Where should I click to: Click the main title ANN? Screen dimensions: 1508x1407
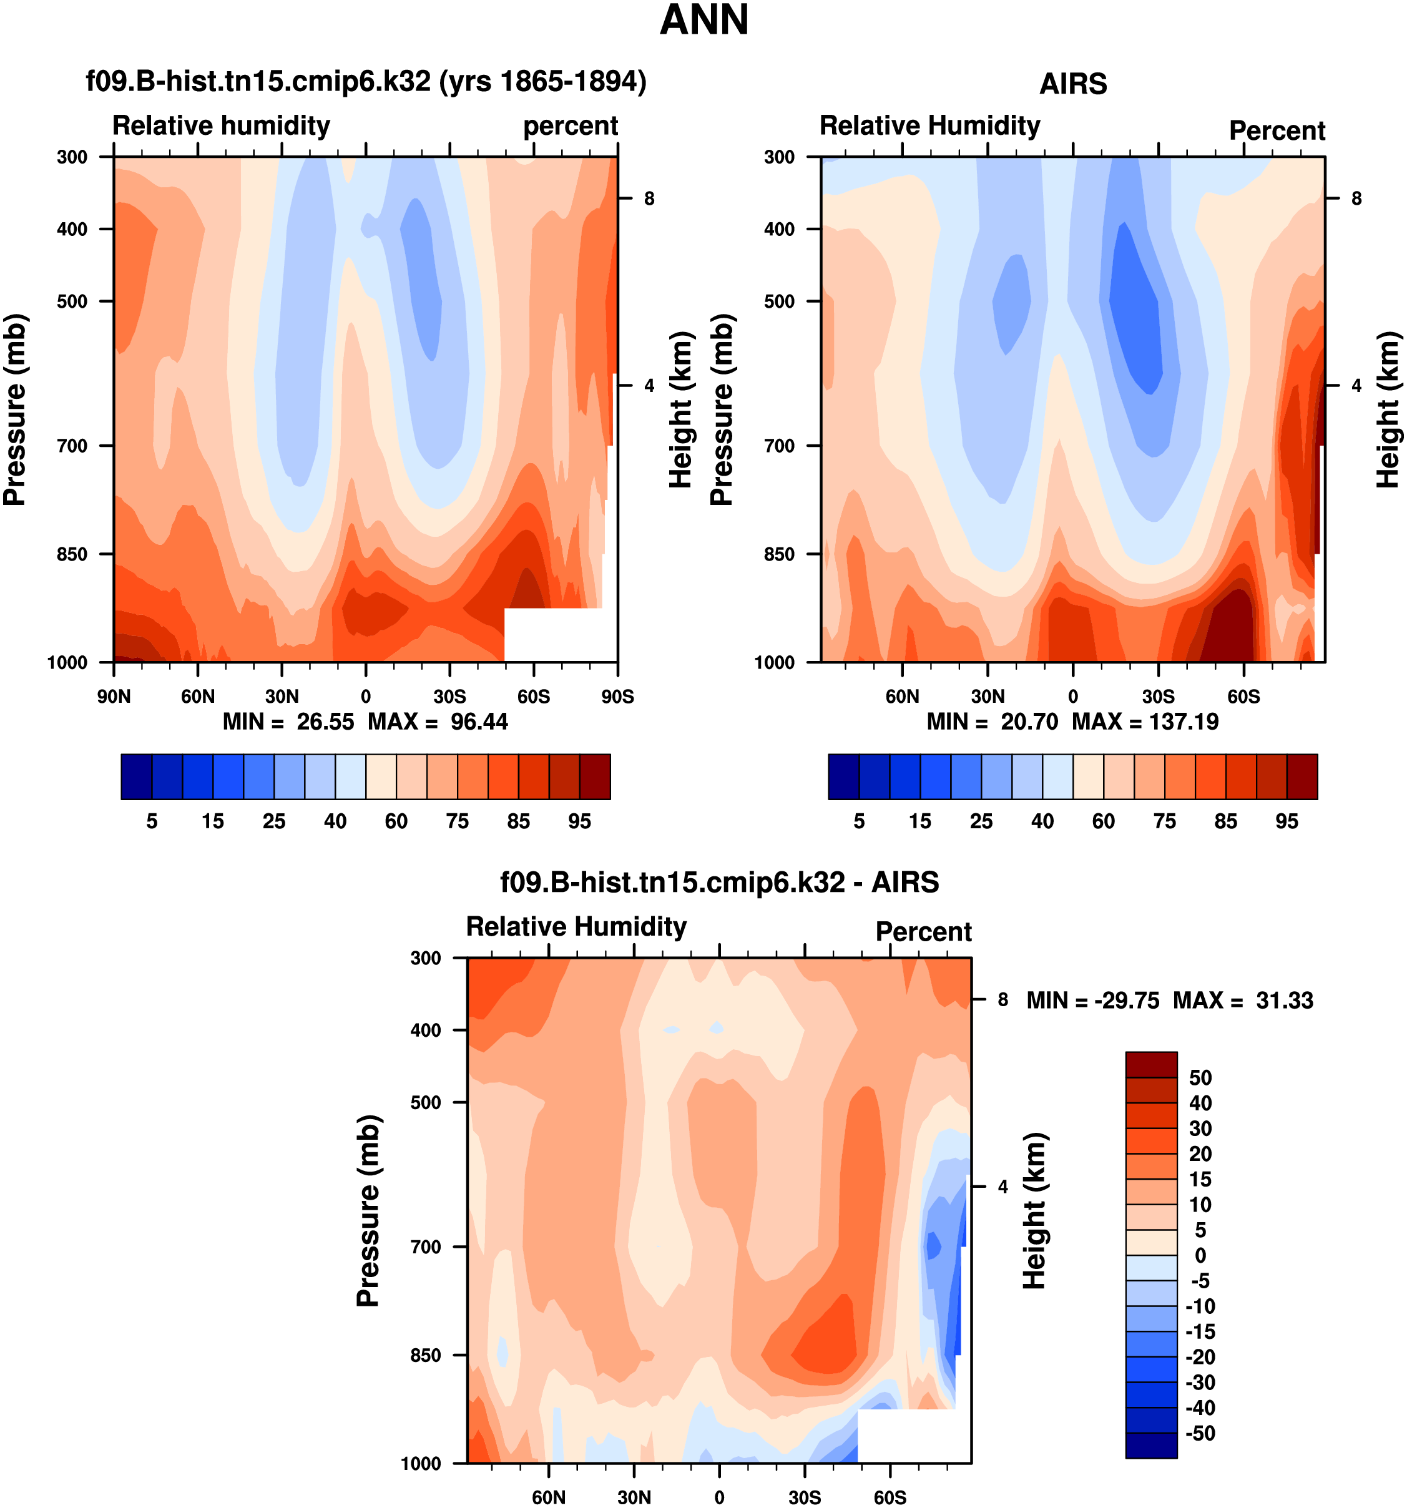[704, 21]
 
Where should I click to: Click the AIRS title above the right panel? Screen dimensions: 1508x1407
[1072, 84]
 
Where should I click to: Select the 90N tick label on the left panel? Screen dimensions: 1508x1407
[114, 697]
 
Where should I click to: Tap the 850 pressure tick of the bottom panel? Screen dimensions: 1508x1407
[426, 1356]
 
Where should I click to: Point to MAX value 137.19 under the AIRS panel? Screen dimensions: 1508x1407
[1184, 722]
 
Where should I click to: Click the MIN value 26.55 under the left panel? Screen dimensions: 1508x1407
[325, 722]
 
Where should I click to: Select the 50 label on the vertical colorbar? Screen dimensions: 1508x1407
[1200, 1078]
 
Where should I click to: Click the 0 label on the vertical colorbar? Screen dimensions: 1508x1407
[1200, 1255]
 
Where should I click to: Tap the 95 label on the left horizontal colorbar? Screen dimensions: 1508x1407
[579, 821]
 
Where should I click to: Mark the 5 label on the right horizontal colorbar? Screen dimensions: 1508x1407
[858, 821]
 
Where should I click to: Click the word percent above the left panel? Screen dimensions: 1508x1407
[571, 126]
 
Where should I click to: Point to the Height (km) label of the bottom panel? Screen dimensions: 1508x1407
[1034, 1211]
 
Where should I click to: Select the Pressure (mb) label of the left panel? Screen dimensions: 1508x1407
[15, 409]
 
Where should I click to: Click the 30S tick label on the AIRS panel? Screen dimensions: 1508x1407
[1158, 697]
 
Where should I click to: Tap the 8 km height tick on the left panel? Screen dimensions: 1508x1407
[649, 198]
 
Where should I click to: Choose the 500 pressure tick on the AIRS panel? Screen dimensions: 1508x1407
[779, 301]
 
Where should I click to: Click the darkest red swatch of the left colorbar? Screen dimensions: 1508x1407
[595, 776]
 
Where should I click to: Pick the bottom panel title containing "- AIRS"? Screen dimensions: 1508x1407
[719, 883]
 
